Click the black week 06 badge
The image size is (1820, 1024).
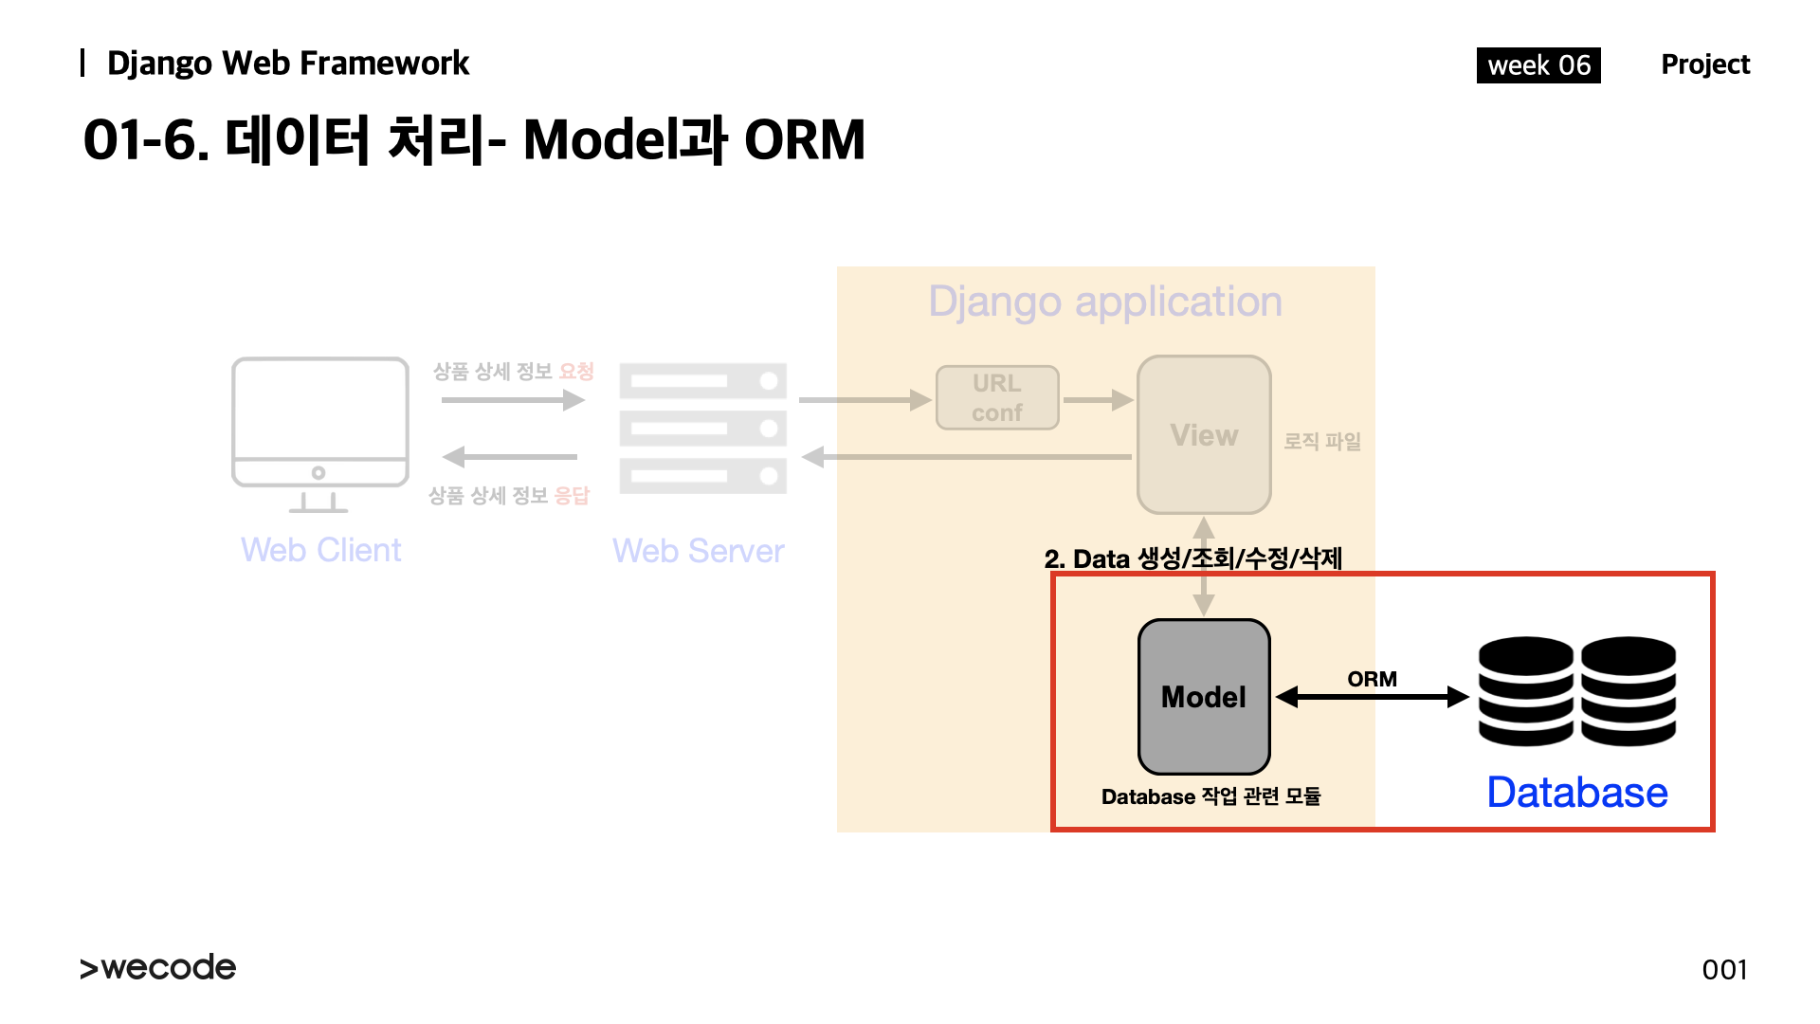(1538, 65)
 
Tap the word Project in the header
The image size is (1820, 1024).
(1704, 64)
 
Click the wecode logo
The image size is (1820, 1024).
(158, 967)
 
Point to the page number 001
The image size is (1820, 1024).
(1724, 969)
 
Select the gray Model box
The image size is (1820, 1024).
(1204, 697)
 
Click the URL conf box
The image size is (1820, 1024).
(997, 398)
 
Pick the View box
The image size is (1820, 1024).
(1204, 435)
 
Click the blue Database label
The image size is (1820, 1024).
(1576, 793)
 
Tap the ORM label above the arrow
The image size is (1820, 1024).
(1372, 679)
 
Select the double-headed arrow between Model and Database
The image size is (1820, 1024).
(1372, 698)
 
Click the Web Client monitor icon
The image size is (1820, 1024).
(320, 433)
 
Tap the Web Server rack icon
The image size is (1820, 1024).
(702, 429)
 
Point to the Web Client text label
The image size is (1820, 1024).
(320, 550)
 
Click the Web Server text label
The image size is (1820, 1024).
(698, 551)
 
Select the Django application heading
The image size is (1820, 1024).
(1105, 302)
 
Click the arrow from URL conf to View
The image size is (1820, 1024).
(1098, 400)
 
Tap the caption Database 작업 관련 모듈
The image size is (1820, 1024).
(1210, 796)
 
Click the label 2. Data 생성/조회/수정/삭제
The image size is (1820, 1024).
(1192, 558)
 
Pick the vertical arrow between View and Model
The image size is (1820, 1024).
(1204, 567)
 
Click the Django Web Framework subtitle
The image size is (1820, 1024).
(287, 64)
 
